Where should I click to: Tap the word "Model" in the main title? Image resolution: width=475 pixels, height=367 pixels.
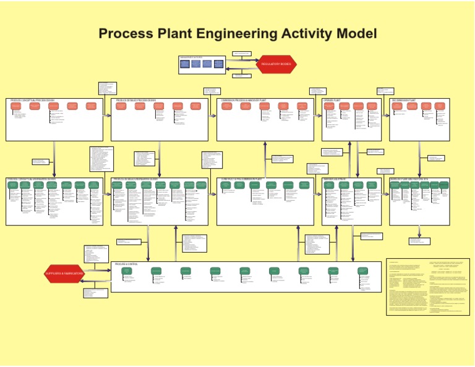coord(354,33)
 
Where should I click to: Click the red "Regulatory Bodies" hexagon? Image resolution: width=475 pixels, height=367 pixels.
coord(276,64)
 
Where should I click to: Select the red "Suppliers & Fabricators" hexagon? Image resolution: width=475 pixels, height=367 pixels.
coord(64,273)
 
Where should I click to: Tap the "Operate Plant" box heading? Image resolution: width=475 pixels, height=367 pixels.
coord(333,100)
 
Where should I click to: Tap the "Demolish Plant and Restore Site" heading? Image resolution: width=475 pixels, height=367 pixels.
coord(409,180)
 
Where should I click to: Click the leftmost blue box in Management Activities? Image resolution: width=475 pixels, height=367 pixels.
coord(185,64)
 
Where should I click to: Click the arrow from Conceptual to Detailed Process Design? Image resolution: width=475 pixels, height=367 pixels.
coord(107,115)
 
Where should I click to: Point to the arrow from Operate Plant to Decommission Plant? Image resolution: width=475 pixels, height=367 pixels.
coord(385,115)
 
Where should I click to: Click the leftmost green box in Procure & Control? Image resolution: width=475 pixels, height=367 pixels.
coord(127,271)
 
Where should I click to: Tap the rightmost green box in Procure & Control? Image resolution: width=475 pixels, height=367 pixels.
coord(362,271)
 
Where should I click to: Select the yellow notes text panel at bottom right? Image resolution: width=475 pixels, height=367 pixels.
coord(427,287)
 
